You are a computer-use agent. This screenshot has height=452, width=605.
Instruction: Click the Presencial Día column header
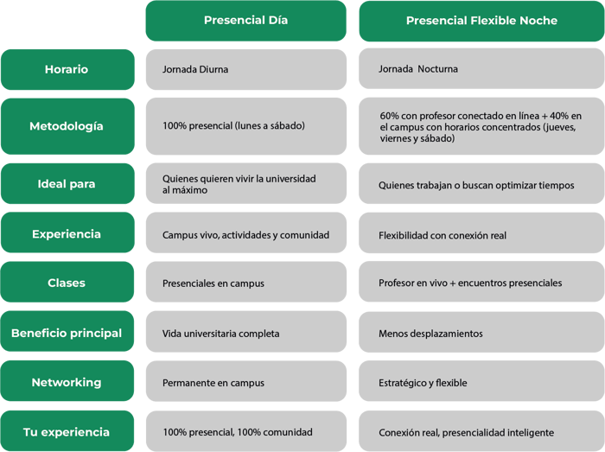pos(245,21)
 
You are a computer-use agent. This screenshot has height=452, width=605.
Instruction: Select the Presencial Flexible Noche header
pos(481,21)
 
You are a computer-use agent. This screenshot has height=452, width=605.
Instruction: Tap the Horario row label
pos(67,69)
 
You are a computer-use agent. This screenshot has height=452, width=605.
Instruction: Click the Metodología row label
pos(67,126)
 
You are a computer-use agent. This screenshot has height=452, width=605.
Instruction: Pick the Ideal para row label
pos(67,183)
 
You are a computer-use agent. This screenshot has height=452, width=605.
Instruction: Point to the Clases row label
pos(67,282)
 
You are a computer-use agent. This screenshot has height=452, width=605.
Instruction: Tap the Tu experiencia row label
pos(67,430)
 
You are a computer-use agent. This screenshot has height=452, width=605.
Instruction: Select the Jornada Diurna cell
pos(245,69)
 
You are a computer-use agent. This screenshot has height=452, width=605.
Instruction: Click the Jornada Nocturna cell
pos(481,68)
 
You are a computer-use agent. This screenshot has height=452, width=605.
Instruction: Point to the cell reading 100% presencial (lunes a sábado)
pos(245,126)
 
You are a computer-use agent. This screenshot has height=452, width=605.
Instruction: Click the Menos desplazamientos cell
pos(481,332)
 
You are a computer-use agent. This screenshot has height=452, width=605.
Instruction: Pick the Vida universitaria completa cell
pos(245,332)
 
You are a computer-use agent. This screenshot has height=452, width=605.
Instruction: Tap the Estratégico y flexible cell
pos(481,381)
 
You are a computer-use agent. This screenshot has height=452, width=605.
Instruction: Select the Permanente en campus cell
pos(245,381)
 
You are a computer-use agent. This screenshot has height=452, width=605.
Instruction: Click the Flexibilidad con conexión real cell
pos(481,233)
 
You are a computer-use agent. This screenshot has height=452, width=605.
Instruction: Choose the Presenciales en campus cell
pos(245,282)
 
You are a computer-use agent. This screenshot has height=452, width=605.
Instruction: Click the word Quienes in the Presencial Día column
pos(176,179)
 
